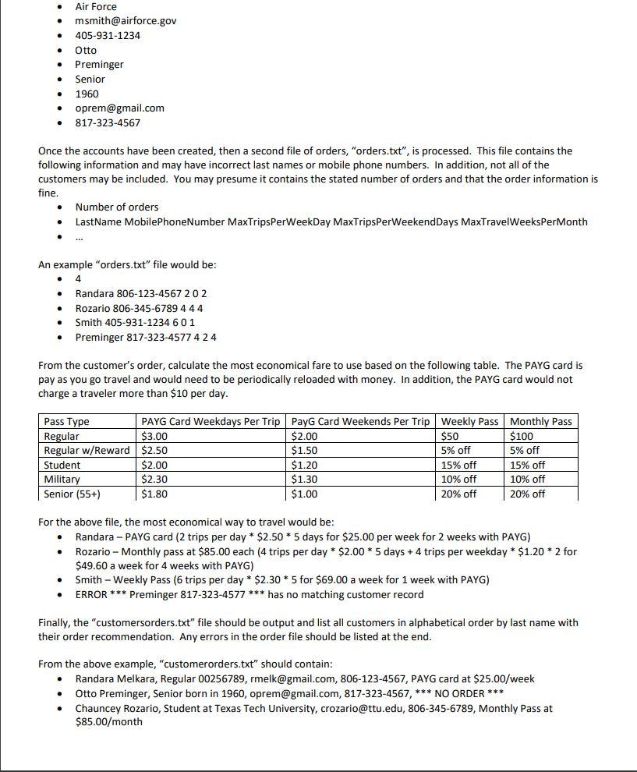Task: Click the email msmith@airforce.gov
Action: pos(126,21)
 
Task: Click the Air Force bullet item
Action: pos(96,6)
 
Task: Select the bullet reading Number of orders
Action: pos(117,207)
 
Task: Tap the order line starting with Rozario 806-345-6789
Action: pos(139,308)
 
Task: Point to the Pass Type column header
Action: pos(66,421)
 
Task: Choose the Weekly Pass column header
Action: pos(469,421)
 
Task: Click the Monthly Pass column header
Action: pos(540,421)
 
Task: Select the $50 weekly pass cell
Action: pos(450,436)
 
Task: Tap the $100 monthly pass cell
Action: pos(522,436)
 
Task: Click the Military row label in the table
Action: pos(62,480)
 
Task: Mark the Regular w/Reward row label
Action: pos(87,451)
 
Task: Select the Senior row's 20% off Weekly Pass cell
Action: pos(458,494)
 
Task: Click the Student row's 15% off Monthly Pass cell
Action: pos(527,465)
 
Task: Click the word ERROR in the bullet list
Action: pos(91,594)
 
